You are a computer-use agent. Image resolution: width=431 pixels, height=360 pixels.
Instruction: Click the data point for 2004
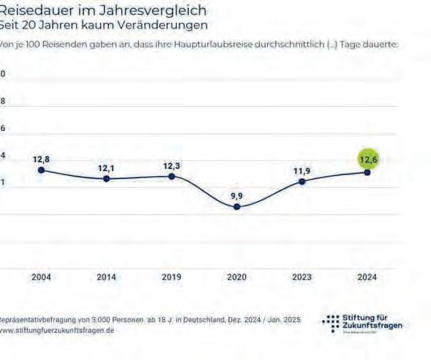[x=41, y=170]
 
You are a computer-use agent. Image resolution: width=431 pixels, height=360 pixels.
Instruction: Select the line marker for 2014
[x=106, y=178]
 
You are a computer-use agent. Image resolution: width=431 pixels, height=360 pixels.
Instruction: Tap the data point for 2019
[x=171, y=175]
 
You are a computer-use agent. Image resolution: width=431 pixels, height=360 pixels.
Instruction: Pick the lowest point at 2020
[x=237, y=207]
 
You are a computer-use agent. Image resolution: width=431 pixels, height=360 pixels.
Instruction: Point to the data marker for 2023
[x=302, y=181]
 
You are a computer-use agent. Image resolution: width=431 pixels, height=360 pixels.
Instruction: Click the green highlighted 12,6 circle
[x=368, y=159]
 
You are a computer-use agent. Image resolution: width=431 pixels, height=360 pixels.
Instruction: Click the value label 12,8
[x=41, y=159]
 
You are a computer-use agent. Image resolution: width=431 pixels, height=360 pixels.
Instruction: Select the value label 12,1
[x=106, y=168]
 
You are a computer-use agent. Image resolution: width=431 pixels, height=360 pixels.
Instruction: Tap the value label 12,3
[x=171, y=165]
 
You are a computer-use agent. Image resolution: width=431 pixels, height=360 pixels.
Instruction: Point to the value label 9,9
[x=237, y=195]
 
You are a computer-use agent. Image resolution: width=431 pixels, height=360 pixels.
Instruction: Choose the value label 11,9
[x=302, y=170]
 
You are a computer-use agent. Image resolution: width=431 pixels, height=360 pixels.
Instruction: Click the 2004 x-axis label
[x=41, y=277]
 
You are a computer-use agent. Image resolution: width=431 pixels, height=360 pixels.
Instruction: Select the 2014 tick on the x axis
[x=106, y=277]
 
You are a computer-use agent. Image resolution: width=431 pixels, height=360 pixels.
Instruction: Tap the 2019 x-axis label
[x=171, y=277]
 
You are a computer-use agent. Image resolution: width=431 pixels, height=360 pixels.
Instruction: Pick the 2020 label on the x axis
[x=237, y=277]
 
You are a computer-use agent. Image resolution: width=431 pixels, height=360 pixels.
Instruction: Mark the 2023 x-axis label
[x=302, y=277]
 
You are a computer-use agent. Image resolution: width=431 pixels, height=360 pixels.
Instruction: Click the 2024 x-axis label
[x=368, y=277]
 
